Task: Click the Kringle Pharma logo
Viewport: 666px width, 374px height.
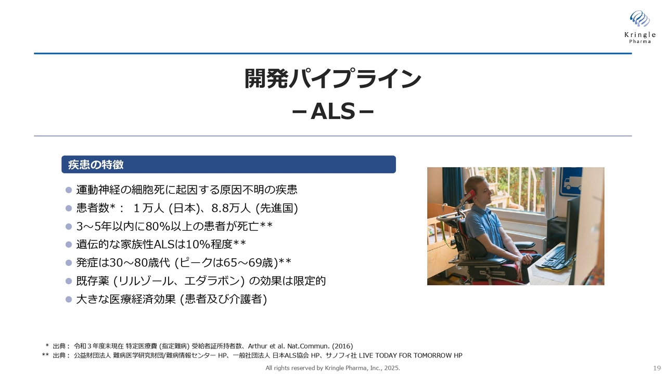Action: point(640,26)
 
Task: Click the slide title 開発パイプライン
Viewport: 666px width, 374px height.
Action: point(332,78)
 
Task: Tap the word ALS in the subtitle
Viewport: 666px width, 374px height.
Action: point(332,112)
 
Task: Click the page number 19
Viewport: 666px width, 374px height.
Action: point(657,368)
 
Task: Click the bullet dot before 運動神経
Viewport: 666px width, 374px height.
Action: point(69,190)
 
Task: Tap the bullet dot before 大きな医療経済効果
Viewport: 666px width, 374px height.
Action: point(69,299)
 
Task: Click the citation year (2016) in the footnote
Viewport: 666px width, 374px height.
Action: point(342,346)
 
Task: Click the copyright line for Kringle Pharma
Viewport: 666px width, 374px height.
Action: point(332,368)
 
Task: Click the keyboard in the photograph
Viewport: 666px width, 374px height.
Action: point(554,257)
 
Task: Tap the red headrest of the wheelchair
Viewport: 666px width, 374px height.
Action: point(469,197)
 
